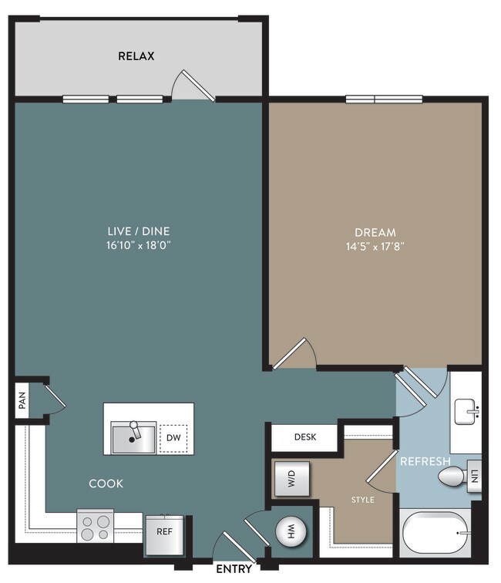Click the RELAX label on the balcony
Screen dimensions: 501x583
136,56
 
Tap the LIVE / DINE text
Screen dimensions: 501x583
139,231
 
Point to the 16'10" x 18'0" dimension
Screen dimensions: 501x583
138,245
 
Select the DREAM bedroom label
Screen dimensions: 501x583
375,233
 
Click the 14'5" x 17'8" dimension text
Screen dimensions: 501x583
375,247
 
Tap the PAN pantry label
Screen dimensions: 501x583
22,400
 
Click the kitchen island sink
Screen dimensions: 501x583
133,437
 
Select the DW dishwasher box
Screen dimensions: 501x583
173,438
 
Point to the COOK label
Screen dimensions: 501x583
106,484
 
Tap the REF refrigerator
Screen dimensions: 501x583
164,535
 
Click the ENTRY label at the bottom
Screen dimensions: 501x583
234,569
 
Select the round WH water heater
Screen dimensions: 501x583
291,531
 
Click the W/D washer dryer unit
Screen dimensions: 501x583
292,479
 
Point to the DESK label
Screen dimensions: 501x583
305,437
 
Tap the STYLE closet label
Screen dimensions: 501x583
363,500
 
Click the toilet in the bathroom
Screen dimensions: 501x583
452,477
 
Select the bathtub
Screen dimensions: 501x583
435,533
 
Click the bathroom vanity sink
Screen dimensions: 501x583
466,412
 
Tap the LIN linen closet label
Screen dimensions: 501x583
474,477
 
